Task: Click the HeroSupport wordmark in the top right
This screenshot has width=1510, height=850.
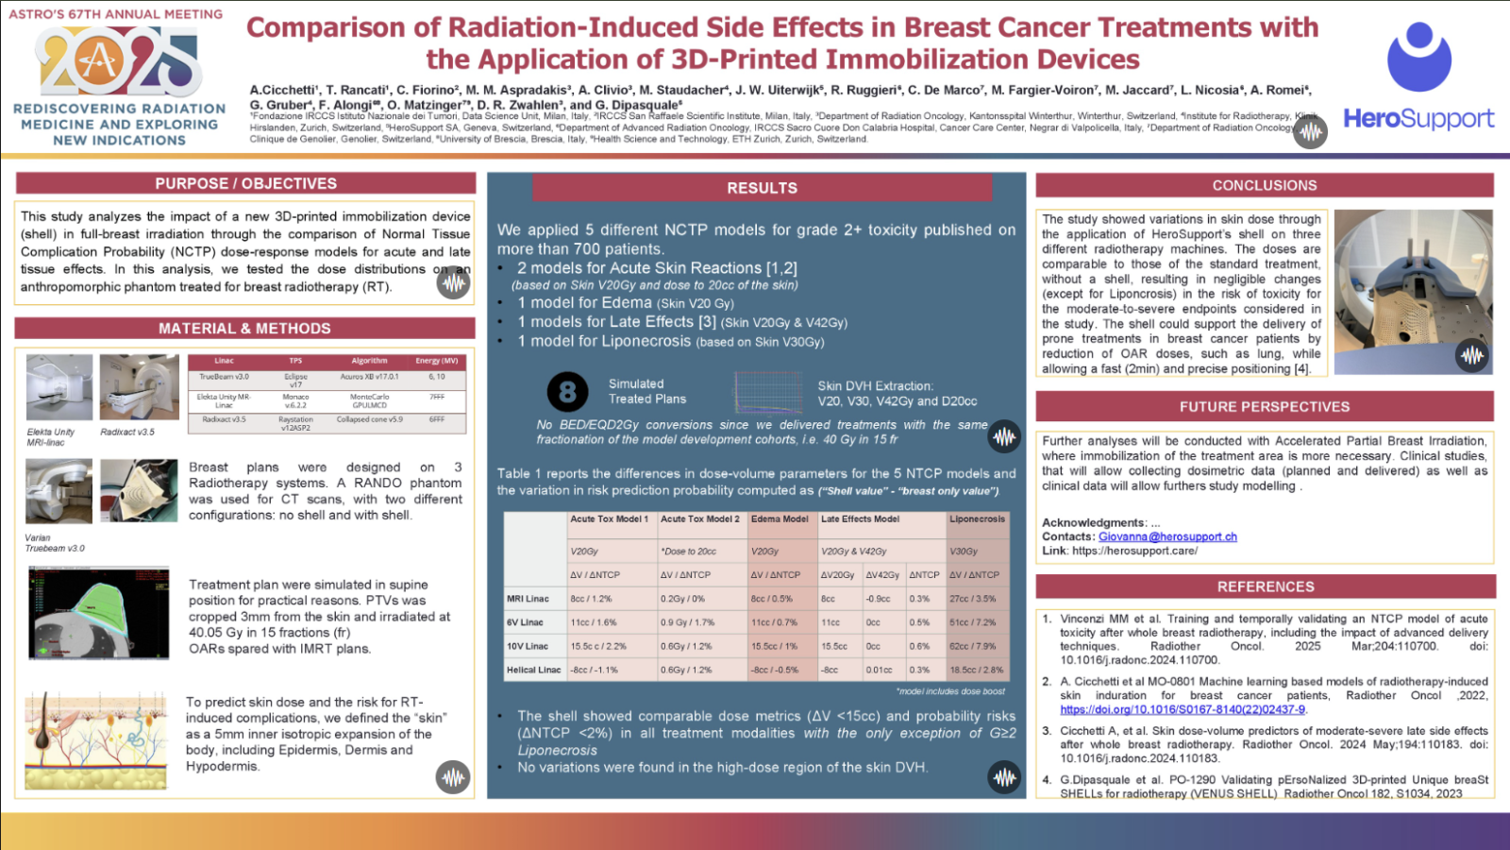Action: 1418,119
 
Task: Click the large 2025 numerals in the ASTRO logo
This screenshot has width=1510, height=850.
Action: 118,61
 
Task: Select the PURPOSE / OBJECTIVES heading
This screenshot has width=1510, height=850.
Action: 245,183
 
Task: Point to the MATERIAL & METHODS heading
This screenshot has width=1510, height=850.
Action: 244,328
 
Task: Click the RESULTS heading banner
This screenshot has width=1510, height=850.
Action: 762,188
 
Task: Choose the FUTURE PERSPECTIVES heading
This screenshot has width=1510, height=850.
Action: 1264,406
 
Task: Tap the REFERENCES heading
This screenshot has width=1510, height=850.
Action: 1265,586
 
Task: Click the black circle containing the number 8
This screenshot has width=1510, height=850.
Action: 567,391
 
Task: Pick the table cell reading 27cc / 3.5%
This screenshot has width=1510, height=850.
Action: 977,599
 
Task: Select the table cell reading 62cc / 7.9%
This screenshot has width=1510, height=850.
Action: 977,646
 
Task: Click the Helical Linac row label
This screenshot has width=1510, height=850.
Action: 534,670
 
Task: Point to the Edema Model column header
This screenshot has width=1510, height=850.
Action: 780,519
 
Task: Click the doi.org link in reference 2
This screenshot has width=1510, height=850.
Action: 1183,709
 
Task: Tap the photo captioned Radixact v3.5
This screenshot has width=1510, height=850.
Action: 139,387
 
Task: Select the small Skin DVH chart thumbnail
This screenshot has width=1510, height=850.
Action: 768,392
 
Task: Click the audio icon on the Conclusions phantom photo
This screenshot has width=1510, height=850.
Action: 1471,355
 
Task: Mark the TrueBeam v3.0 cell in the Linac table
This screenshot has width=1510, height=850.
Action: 224,377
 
